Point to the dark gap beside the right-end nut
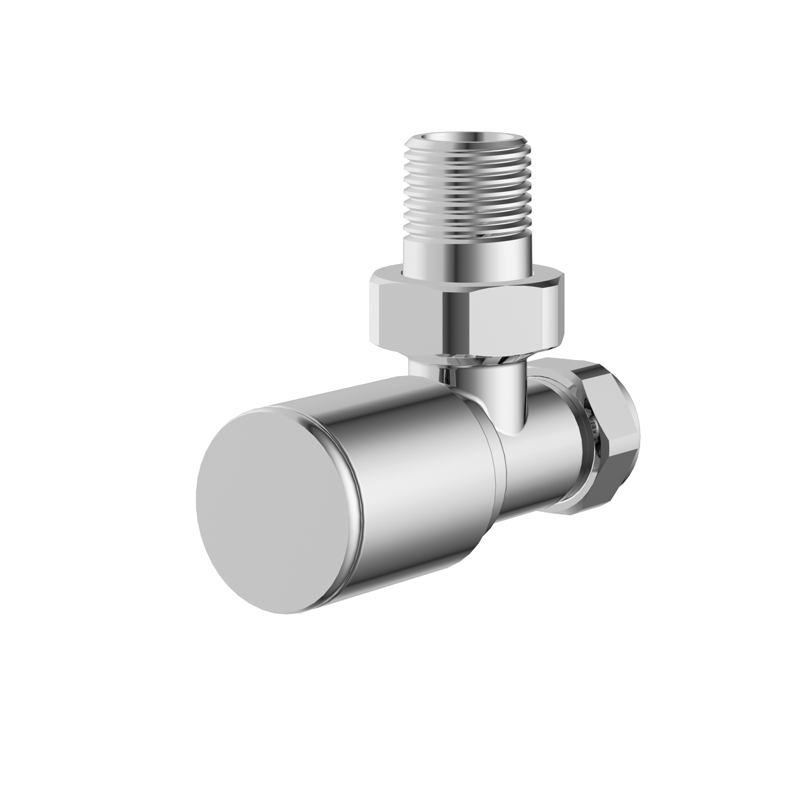tap(589, 437)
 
